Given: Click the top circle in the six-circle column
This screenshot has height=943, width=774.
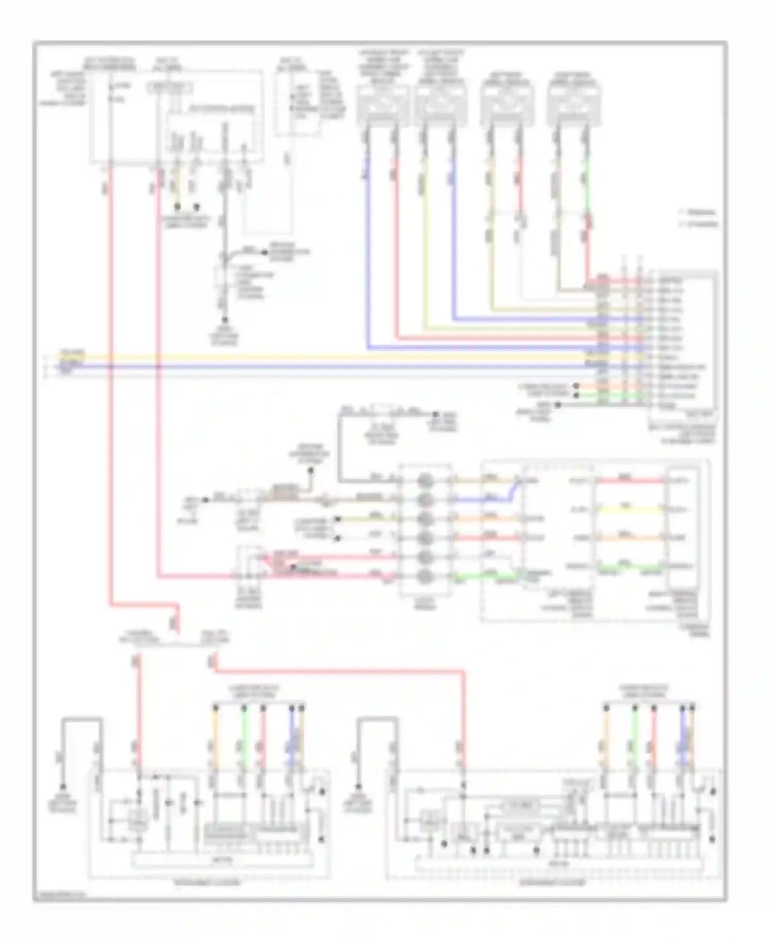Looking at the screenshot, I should click(x=424, y=481).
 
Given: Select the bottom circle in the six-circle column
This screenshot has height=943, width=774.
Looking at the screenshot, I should click(x=424, y=576).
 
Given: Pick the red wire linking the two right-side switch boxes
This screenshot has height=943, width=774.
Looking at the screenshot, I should click(x=630, y=481).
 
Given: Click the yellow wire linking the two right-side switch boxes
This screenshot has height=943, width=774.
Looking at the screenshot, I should click(x=630, y=509).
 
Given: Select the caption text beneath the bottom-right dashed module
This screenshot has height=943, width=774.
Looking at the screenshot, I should click(x=552, y=883).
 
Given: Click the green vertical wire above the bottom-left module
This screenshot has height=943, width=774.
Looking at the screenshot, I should click(x=244, y=733).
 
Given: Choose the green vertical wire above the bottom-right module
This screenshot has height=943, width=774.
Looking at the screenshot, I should click(x=635, y=733).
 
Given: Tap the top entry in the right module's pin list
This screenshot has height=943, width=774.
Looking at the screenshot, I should click(x=671, y=281).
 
